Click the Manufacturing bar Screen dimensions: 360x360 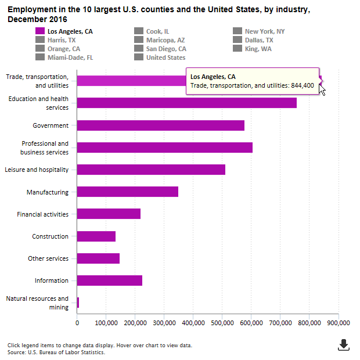(x=127, y=192)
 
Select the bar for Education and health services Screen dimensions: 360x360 (x=186, y=103)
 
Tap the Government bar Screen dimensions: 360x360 (x=160, y=125)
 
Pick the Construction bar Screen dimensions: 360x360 (x=96, y=236)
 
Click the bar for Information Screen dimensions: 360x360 (x=109, y=280)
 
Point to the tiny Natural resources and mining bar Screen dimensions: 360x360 (x=78, y=303)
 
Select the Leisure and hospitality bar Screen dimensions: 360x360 (x=151, y=170)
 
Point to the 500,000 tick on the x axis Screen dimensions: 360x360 (x=222, y=322)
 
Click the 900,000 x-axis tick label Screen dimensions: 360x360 (x=338, y=322)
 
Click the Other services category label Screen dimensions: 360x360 (x=48, y=258)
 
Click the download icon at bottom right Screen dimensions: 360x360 (x=344, y=345)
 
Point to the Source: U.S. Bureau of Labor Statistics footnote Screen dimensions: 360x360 (x=56, y=352)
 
